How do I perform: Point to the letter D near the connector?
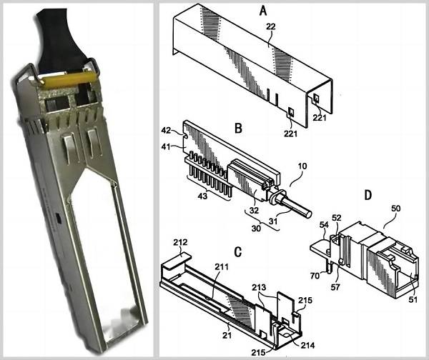[x=368, y=194]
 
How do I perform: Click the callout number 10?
[x=303, y=166]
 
